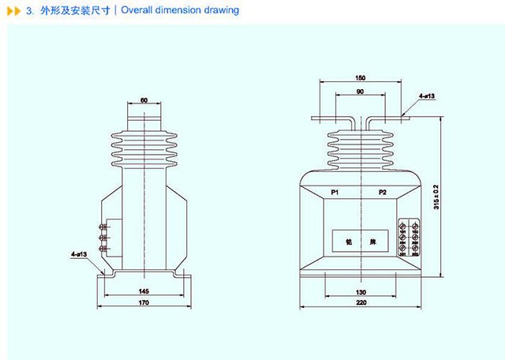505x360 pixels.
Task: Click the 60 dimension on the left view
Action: coord(144,101)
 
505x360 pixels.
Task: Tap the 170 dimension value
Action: coord(144,302)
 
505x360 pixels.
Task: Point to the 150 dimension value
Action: coord(360,79)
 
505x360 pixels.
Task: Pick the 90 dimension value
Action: coord(360,92)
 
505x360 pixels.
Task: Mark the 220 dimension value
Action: coord(360,302)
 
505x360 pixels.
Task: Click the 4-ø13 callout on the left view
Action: coord(80,254)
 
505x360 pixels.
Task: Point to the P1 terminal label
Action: coord(335,193)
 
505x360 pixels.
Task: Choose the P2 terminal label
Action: coord(383,193)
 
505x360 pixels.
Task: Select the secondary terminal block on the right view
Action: coord(409,238)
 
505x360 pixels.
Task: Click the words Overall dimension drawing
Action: coord(180,11)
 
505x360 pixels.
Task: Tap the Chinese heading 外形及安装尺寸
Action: coord(75,11)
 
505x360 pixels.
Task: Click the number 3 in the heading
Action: coord(28,11)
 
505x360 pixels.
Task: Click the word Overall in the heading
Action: coord(138,11)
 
